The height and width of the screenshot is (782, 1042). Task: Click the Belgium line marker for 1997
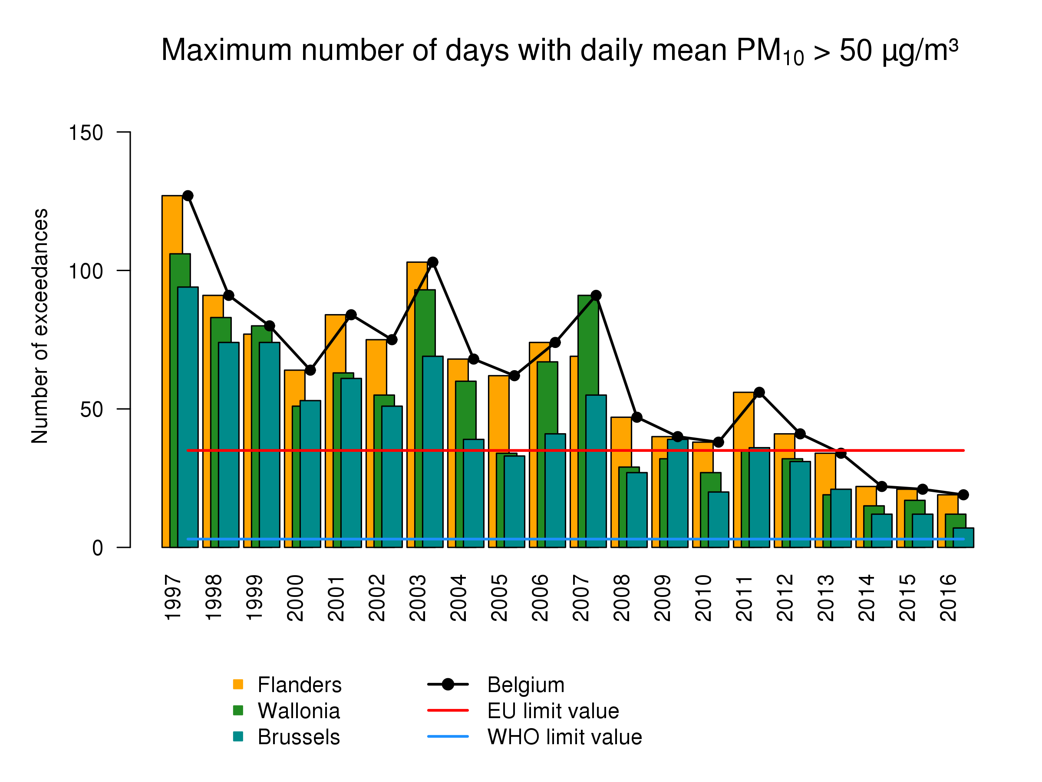[x=188, y=195]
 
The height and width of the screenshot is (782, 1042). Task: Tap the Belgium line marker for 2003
[x=432, y=262]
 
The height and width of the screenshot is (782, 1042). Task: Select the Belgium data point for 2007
[x=596, y=295]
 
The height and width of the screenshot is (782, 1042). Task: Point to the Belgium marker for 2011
[x=759, y=392]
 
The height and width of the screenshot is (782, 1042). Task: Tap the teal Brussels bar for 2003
[x=433, y=453]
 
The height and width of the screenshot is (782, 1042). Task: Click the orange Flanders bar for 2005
[x=498, y=415]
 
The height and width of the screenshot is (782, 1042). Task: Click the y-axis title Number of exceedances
[x=40, y=326]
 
